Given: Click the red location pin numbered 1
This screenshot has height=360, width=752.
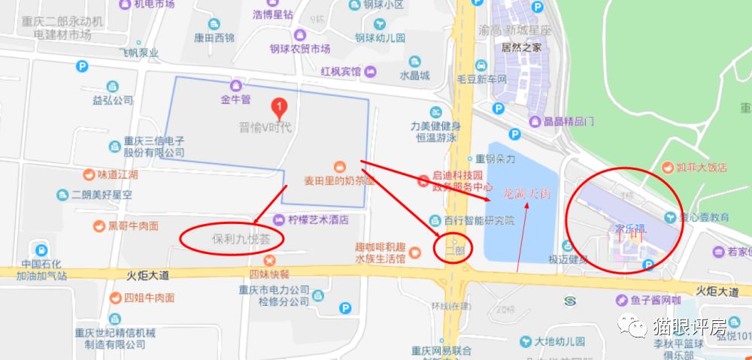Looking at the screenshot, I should pos(279,108).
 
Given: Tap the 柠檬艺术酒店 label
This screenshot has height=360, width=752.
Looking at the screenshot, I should pos(319,220).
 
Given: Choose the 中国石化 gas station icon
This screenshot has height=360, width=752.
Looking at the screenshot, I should pos(38,250).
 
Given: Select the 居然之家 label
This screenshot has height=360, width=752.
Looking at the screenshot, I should pos(521,47).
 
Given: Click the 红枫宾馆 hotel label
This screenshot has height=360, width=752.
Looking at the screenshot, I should pos(341,71).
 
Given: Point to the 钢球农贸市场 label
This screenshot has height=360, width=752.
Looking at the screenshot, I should pos(300,49).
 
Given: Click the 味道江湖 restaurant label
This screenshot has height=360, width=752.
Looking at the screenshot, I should pos(117,174).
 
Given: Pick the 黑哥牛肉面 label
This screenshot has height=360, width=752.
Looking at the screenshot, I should pos(133,225).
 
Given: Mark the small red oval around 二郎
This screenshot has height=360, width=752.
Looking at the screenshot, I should pos(453,249).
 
